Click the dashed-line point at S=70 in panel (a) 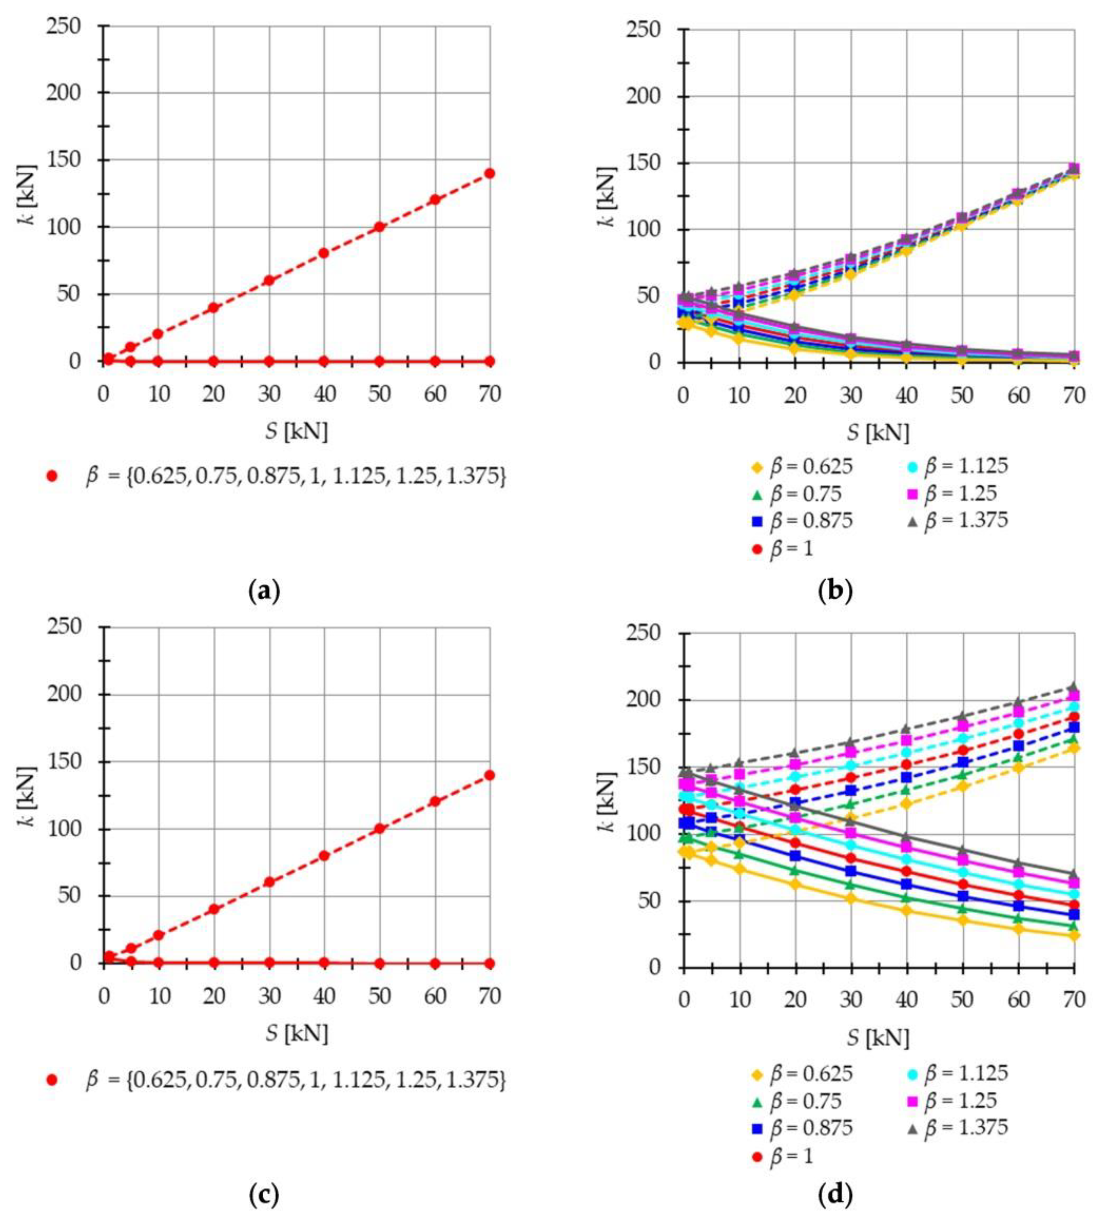click(489, 173)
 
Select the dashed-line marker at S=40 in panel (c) click(324, 856)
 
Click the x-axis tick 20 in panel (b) click(795, 396)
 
